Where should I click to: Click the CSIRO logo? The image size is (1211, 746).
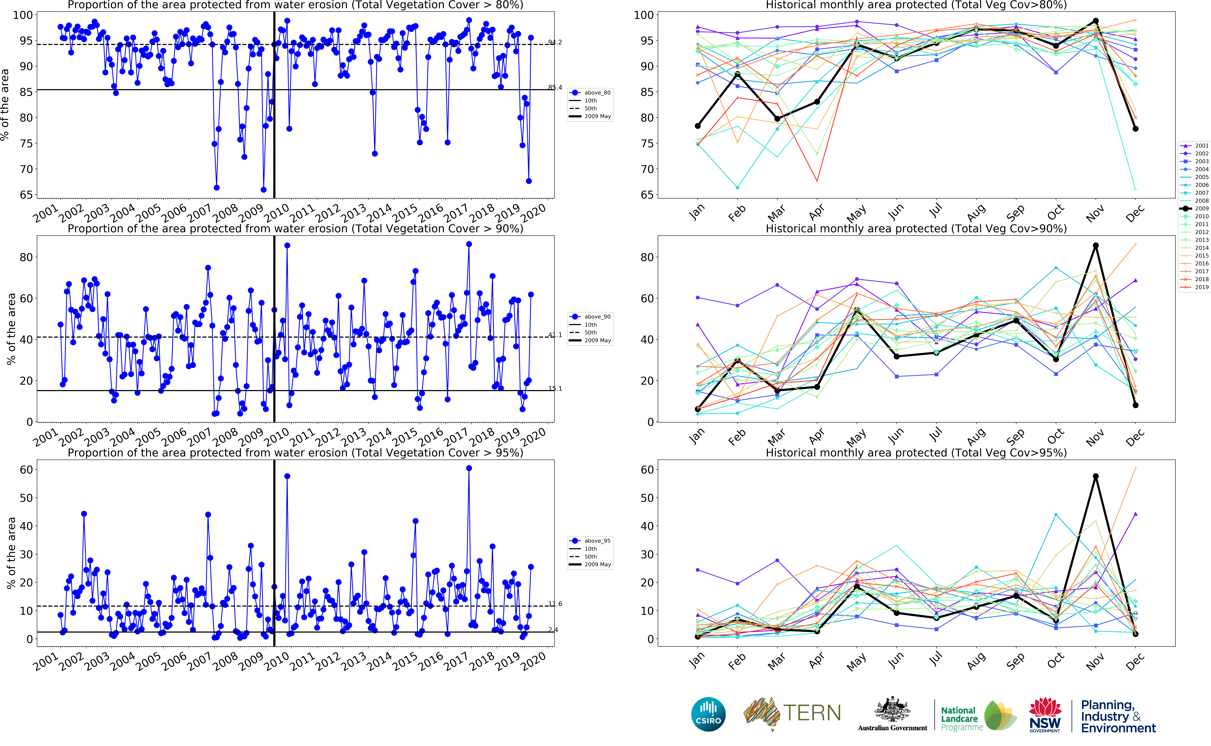[708, 714]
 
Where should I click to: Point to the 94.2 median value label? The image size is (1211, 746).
[555, 42]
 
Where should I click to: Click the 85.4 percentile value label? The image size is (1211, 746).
[555, 88]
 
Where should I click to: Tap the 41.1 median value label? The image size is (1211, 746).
[555, 335]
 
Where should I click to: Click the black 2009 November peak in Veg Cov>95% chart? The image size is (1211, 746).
[1096, 477]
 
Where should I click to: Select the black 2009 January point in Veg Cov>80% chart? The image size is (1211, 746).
[698, 126]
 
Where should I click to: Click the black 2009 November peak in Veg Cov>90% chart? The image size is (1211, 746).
[1096, 246]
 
